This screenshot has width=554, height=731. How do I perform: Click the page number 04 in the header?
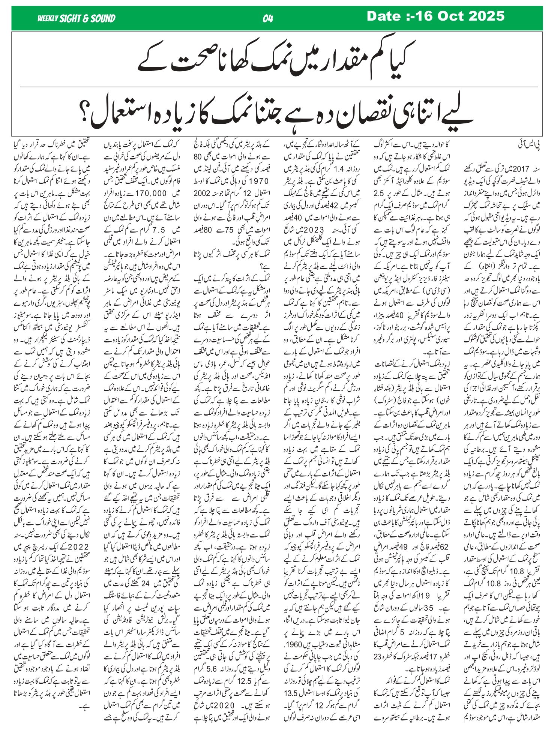point(268,18)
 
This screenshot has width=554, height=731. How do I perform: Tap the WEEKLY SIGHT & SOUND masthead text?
point(76,18)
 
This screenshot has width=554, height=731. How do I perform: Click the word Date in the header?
point(384,16)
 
